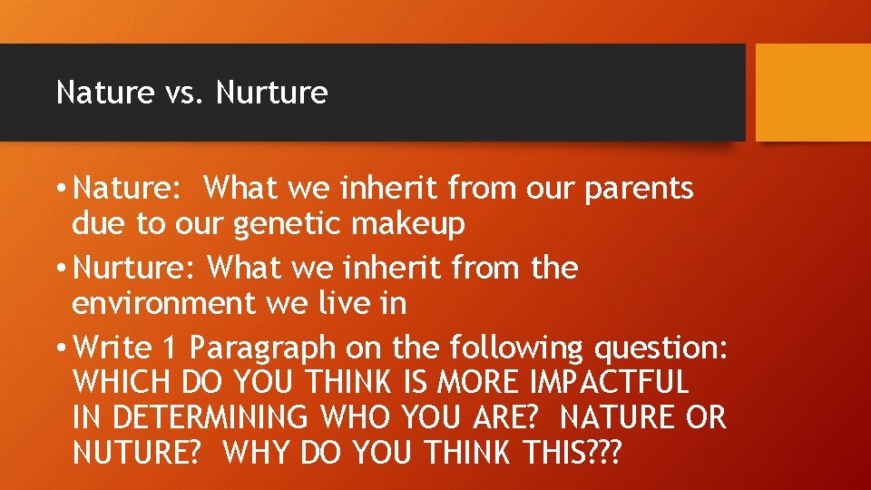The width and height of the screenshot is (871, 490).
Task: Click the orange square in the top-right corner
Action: point(813,93)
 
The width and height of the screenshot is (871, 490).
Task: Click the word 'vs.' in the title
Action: point(185,93)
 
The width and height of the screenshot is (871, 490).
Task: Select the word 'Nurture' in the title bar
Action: point(272,93)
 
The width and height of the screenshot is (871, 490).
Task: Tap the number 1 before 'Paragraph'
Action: point(171,348)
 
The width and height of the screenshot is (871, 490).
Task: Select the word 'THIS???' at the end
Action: point(564,452)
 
